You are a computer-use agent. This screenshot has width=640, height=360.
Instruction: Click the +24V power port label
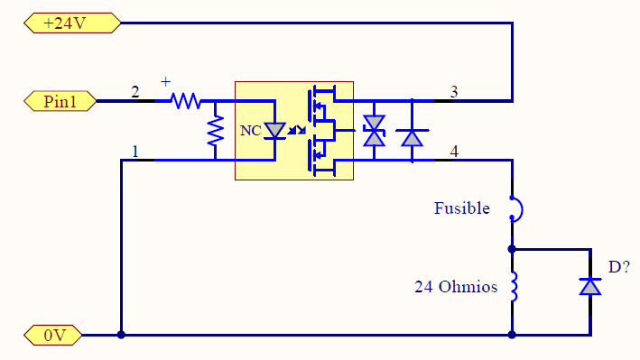(x=72, y=23)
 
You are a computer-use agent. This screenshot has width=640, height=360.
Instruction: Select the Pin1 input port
(x=60, y=101)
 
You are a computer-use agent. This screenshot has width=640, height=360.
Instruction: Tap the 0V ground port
(x=53, y=335)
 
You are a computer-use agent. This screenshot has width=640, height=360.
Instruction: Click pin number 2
(x=135, y=92)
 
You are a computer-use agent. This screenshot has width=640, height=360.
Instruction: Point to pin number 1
(x=135, y=152)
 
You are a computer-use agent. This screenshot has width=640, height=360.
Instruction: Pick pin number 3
(x=454, y=92)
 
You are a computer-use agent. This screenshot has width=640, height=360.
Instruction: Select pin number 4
(x=454, y=152)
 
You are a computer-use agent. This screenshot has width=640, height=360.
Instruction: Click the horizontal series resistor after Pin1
(x=186, y=101)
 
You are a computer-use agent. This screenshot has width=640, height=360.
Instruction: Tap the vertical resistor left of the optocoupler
(x=216, y=131)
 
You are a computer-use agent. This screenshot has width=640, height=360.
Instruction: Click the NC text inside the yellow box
(x=251, y=131)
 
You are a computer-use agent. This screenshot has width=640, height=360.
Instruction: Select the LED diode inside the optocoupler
(x=274, y=131)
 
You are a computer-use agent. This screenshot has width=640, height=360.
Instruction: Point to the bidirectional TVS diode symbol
(x=375, y=131)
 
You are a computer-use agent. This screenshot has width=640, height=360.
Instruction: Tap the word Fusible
(x=461, y=208)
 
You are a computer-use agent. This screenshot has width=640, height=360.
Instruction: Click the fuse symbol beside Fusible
(x=516, y=209)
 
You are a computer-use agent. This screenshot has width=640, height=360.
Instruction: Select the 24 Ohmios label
(x=456, y=287)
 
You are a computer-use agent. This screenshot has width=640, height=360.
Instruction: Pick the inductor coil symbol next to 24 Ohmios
(x=514, y=287)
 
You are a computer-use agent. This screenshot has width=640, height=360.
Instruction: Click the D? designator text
(x=619, y=267)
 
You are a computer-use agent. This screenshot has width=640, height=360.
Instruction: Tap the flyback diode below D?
(x=590, y=286)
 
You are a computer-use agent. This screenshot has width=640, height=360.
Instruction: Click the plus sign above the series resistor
(x=165, y=81)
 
